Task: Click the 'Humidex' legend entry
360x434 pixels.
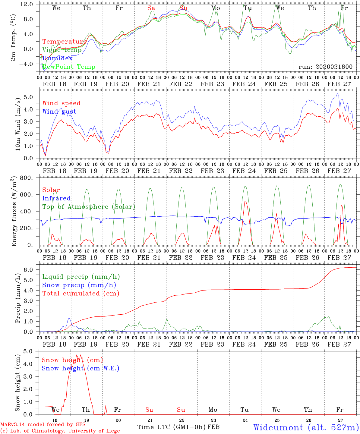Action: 57,58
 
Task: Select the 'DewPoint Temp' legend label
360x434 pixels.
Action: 69,67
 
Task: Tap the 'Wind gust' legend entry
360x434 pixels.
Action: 59,112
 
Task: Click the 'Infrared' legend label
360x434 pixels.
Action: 56,198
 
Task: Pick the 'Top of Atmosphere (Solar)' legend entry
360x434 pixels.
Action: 89,207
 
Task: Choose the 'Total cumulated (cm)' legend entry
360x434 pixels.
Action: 81,293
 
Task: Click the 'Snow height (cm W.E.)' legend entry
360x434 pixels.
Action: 81,368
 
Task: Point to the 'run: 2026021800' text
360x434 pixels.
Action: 325,67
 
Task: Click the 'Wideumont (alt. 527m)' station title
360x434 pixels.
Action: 306,427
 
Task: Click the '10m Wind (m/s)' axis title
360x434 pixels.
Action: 18,124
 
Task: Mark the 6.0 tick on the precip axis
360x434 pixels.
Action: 32,270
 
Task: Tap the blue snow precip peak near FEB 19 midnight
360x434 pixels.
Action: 69,318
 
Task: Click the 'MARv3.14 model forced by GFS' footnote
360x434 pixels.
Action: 43,425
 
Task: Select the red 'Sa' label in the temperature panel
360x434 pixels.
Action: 151,8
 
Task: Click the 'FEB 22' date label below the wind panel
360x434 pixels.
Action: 181,171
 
